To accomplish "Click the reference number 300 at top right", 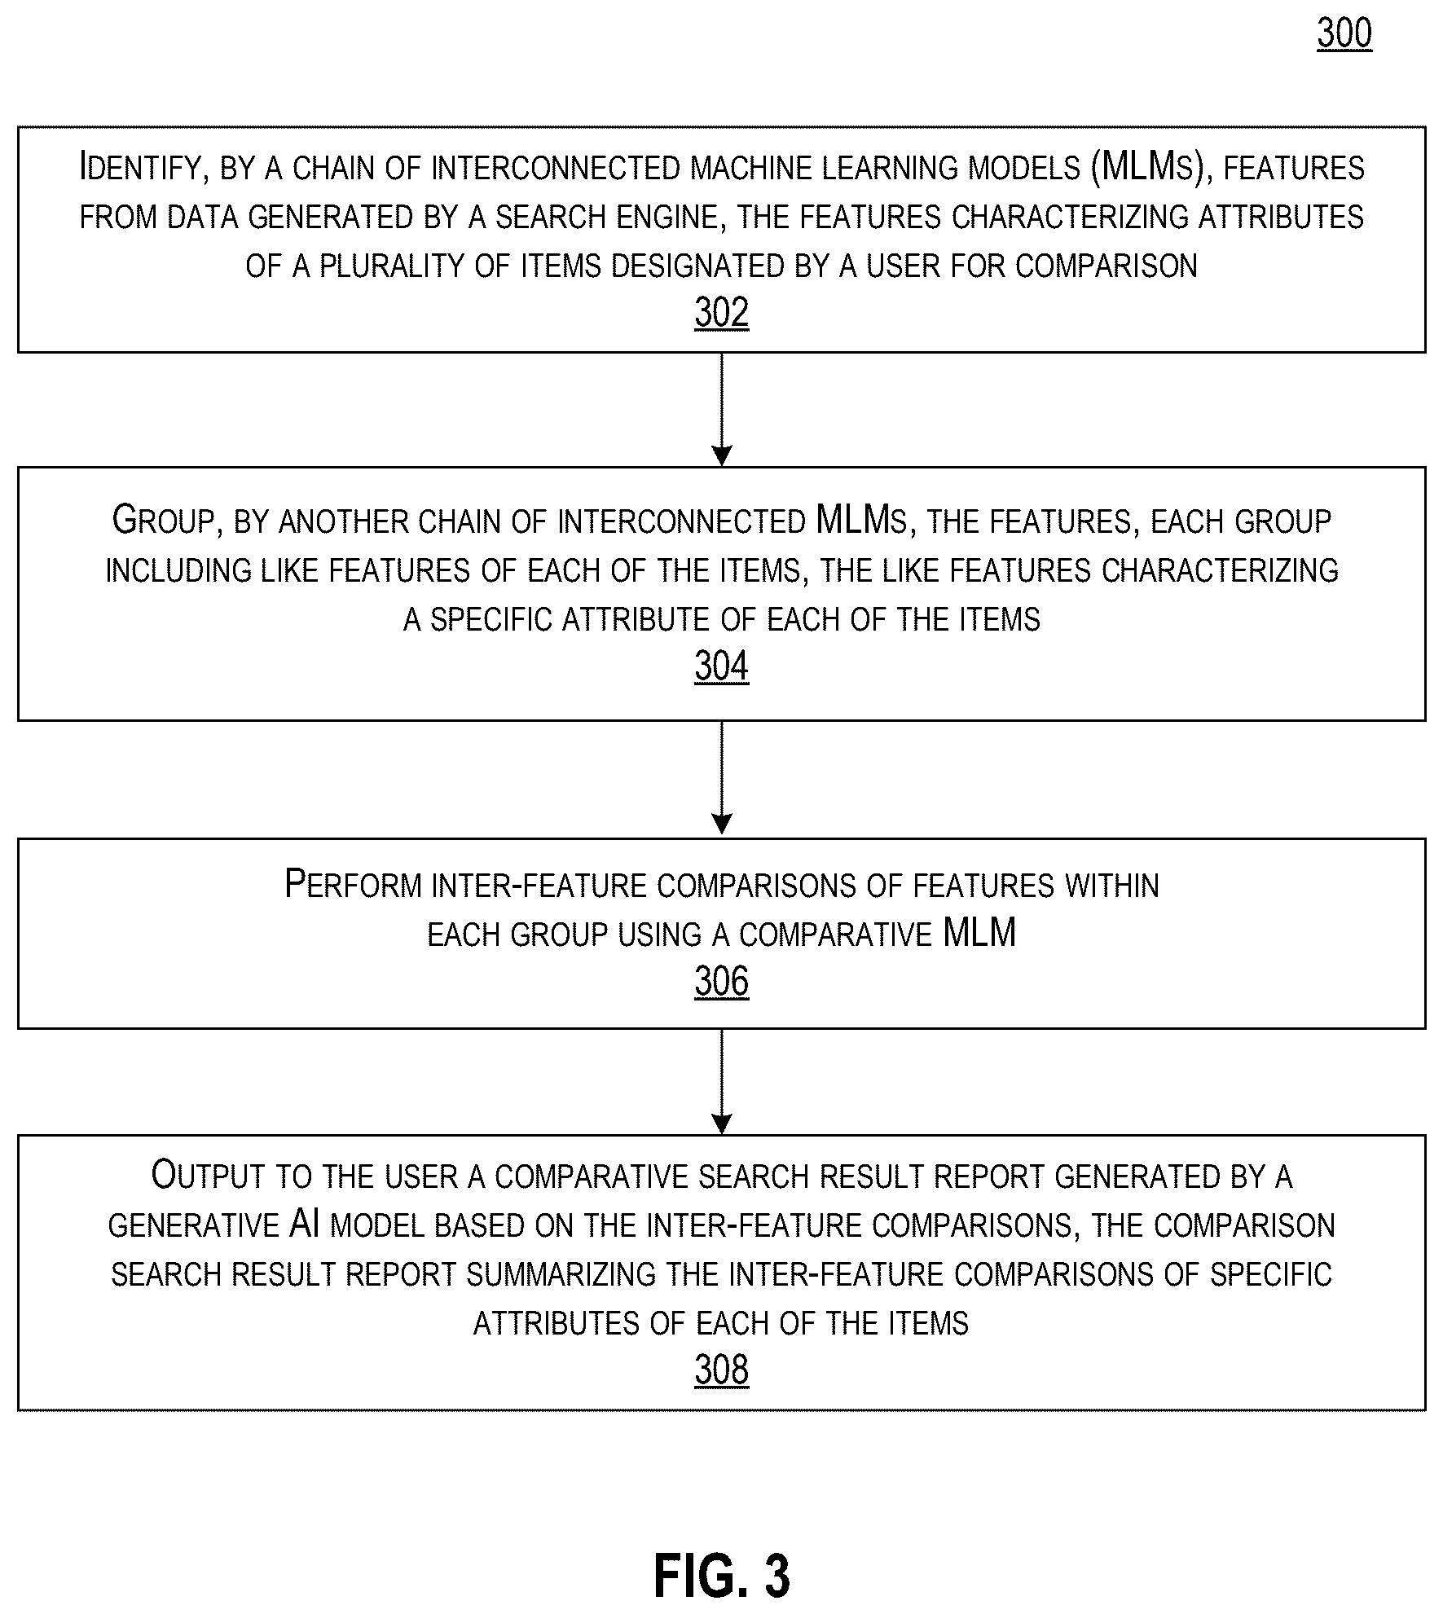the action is coord(1344,34).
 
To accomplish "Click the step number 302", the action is coord(721,312).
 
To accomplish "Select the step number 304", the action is coord(721,666).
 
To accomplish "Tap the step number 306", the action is coord(721,981).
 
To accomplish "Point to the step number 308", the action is coord(721,1370).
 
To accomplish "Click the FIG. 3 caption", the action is coord(722,1576).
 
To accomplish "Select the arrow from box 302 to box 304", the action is coord(722,410).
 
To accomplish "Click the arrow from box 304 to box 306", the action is coord(722,779).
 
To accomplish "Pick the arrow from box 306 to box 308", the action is coord(722,1081).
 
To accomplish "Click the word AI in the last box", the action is coord(304,1225).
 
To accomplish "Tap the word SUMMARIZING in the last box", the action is coord(561,1274).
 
